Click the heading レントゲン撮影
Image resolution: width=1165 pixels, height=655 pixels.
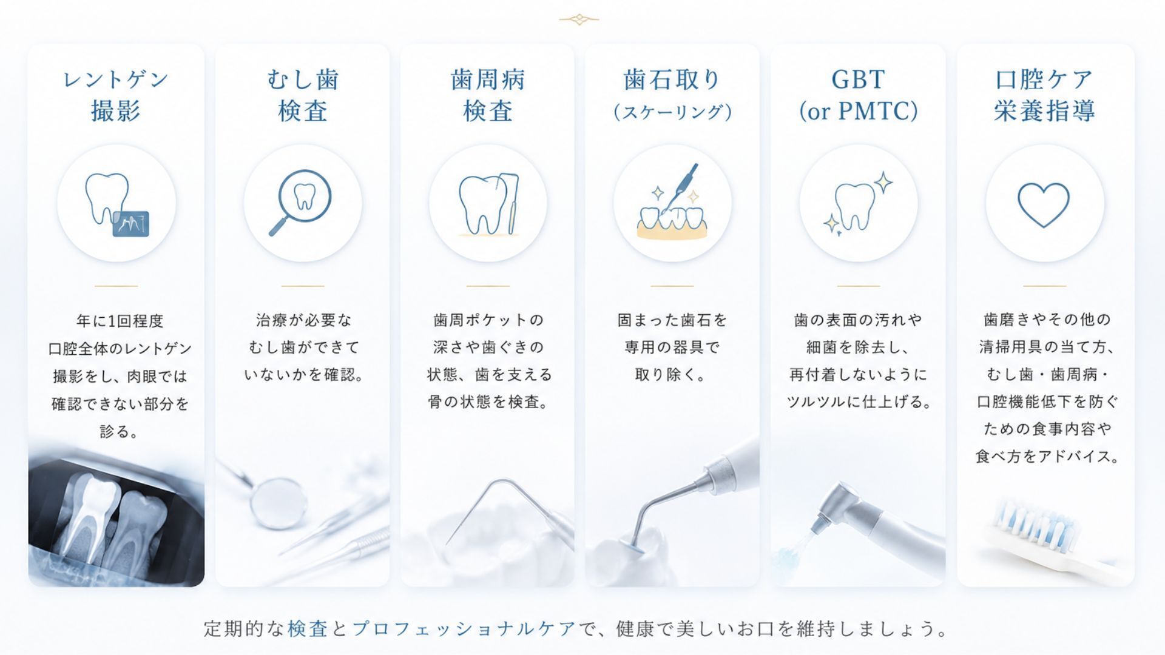pyautogui.click(x=116, y=95)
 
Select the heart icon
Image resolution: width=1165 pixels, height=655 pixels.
pyautogui.click(x=1044, y=204)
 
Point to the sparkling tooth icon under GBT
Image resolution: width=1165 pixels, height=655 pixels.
pyautogui.click(x=858, y=203)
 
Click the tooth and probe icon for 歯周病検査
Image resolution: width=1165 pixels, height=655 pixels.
pyautogui.click(x=488, y=205)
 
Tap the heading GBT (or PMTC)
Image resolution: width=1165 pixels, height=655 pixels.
pyautogui.click(x=858, y=95)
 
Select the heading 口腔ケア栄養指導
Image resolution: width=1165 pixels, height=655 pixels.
pyautogui.click(x=1044, y=95)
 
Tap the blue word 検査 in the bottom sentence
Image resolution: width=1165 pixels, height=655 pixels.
pyautogui.click(x=308, y=628)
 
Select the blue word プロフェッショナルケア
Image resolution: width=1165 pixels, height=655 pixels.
pyautogui.click(x=464, y=628)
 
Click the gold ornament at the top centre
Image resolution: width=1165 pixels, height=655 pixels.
pyautogui.click(x=579, y=19)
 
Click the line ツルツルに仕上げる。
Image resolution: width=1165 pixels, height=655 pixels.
pyautogui.click(x=858, y=401)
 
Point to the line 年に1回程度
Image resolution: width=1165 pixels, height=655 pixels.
pyautogui.click(x=120, y=321)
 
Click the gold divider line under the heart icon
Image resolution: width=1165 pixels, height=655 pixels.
pyautogui.click(x=1044, y=286)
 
